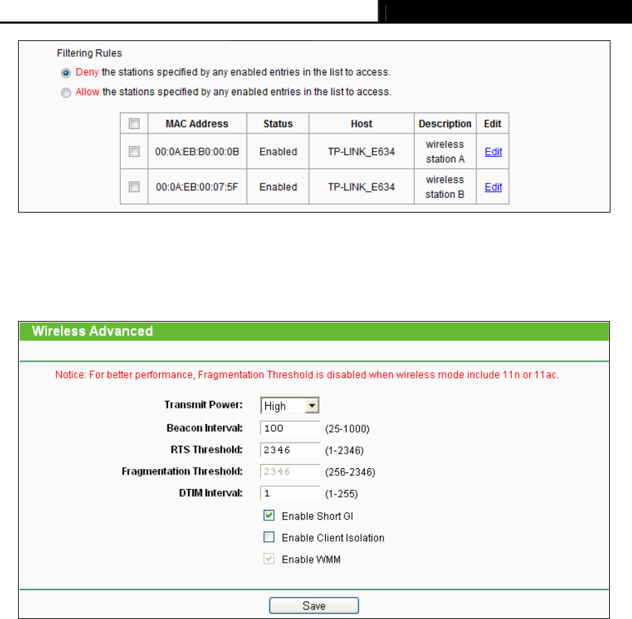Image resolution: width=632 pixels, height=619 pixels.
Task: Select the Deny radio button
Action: pyautogui.click(x=66, y=72)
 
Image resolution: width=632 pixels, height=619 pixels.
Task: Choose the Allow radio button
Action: pyautogui.click(x=66, y=92)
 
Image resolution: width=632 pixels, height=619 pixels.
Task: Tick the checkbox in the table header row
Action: pyautogui.click(x=135, y=124)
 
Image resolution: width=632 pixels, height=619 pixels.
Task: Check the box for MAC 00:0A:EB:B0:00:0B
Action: pyautogui.click(x=135, y=151)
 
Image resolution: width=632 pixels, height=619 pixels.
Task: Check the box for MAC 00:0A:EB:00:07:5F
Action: pyautogui.click(x=135, y=187)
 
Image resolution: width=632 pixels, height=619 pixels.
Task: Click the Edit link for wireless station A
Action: pyautogui.click(x=493, y=152)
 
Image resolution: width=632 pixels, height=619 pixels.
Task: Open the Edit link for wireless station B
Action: pyautogui.click(x=493, y=187)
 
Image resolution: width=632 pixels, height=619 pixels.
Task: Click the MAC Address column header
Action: pyautogui.click(x=197, y=124)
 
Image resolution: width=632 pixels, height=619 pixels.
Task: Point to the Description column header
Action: pyautogui.click(x=444, y=124)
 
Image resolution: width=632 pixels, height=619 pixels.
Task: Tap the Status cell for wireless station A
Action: pyautogui.click(x=278, y=151)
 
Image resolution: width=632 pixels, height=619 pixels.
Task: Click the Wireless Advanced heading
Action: pyautogui.click(x=92, y=331)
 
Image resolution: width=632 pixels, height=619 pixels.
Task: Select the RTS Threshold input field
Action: pyautogui.click(x=290, y=449)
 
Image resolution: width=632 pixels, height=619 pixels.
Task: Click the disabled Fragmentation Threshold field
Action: pyautogui.click(x=290, y=472)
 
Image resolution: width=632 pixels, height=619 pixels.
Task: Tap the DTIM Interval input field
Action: pyautogui.click(x=290, y=493)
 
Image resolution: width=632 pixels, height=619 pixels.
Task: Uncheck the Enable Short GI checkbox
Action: pyautogui.click(x=269, y=515)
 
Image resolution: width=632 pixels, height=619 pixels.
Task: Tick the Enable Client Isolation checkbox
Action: pyautogui.click(x=269, y=538)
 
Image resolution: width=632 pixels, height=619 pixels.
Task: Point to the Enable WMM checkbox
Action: pyautogui.click(x=269, y=559)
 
